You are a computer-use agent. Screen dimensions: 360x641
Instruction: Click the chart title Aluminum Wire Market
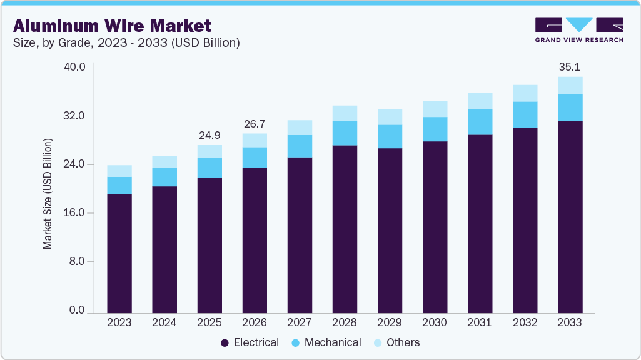coord(113,26)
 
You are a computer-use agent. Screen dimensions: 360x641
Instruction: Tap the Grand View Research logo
coord(578,29)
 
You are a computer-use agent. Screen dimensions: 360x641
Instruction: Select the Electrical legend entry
coord(250,342)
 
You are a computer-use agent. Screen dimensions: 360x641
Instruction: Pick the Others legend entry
coord(396,342)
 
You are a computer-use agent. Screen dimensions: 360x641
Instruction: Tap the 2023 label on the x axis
coord(119,323)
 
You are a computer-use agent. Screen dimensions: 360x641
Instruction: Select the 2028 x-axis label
coord(345,323)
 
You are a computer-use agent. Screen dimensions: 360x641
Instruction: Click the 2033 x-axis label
coord(570,323)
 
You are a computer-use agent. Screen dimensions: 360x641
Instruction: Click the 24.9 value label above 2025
coord(209,135)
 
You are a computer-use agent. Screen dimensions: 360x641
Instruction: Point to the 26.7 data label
coord(255,123)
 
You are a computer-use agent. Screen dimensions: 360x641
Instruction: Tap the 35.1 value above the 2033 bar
coord(570,66)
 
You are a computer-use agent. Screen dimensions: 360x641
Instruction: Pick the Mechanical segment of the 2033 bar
coord(570,107)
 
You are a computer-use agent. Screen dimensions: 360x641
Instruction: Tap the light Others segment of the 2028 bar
coord(345,113)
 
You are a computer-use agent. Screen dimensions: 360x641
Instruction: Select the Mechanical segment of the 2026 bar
coord(255,157)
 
